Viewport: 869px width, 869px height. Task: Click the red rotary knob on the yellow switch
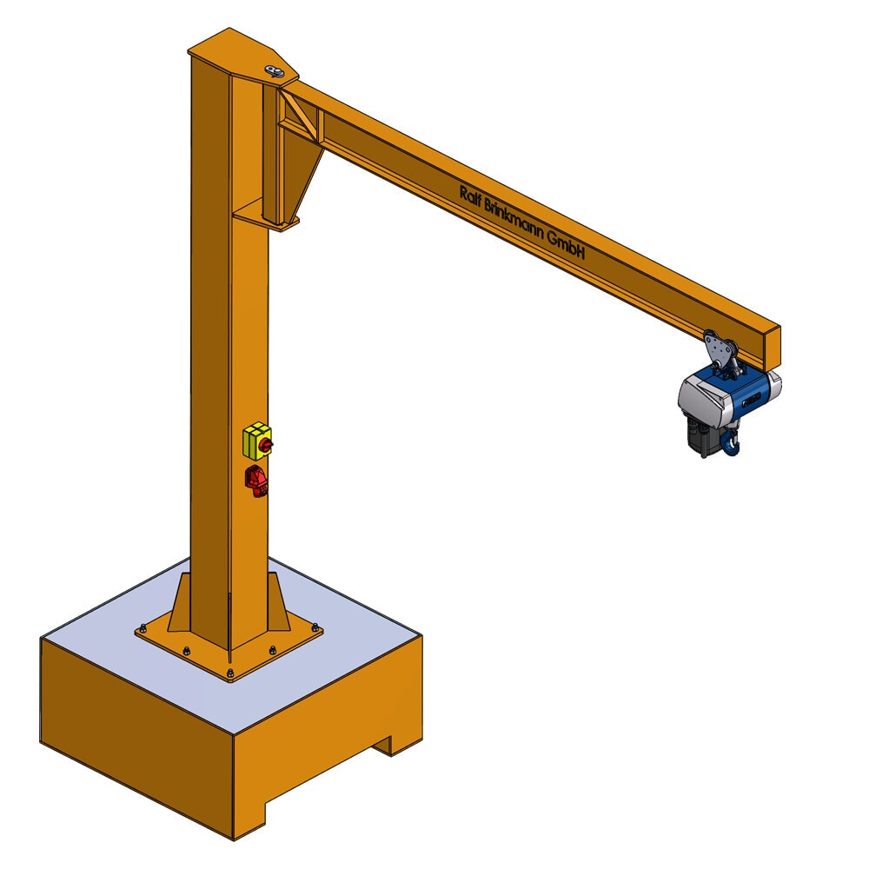click(x=267, y=446)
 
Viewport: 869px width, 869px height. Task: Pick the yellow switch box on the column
click(x=255, y=441)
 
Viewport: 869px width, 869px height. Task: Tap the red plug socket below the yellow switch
click(x=257, y=480)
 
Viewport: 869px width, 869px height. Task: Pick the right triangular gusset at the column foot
click(x=277, y=601)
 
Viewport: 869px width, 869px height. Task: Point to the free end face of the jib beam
click(x=773, y=346)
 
